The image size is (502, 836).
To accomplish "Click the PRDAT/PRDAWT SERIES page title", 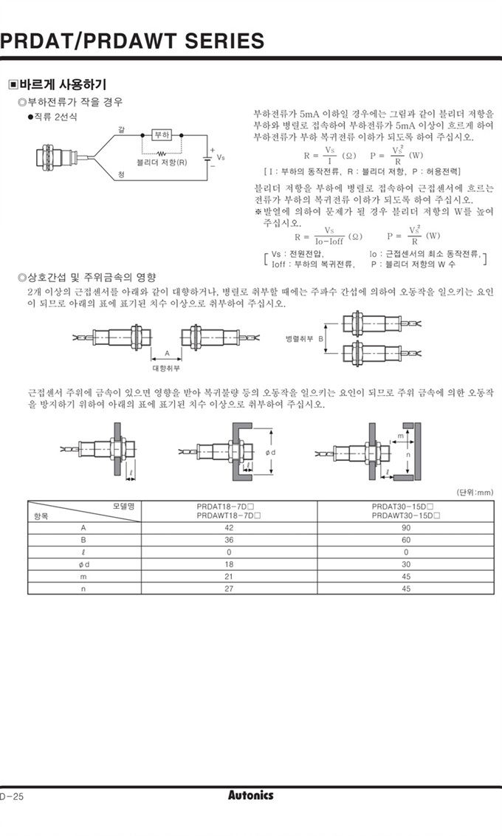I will click(x=131, y=40).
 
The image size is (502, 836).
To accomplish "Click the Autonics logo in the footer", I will click(x=250, y=795).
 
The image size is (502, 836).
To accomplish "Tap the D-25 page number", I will click(x=13, y=796).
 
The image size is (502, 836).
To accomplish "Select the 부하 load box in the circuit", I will click(x=162, y=134).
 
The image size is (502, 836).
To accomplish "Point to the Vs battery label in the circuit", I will click(x=221, y=157).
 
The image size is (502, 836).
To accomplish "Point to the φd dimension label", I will click(x=271, y=451).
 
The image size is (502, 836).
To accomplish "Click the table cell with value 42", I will click(x=228, y=528).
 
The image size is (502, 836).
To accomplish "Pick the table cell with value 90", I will click(x=405, y=528).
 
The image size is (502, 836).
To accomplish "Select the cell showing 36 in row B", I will click(x=228, y=540).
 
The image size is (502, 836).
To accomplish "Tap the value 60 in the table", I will click(x=405, y=540).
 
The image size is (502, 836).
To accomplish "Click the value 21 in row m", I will click(x=228, y=576).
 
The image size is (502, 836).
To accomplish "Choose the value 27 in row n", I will click(x=228, y=589).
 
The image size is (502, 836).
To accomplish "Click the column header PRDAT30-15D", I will click(x=405, y=507).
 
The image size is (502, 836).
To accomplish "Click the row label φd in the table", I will click(x=83, y=564).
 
